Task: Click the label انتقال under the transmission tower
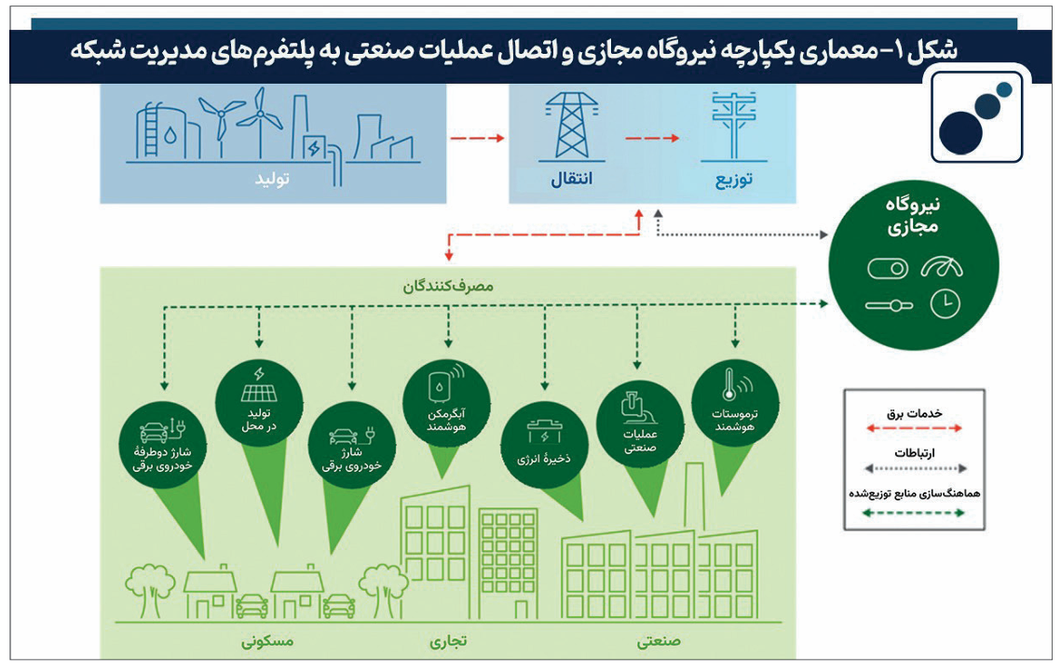click(571, 179)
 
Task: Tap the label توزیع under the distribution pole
click(733, 180)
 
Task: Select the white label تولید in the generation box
click(272, 179)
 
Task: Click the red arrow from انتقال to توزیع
click(652, 139)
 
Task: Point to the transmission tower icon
click(572, 127)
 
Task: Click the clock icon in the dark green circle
click(945, 304)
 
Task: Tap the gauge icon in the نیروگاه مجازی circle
click(941, 268)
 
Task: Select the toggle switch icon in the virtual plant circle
click(888, 268)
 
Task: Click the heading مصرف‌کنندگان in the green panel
click(448, 287)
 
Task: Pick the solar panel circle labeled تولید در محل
click(259, 403)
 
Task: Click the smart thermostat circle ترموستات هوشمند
click(735, 403)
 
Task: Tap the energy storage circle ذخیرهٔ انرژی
click(544, 445)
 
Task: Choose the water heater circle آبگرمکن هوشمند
click(446, 403)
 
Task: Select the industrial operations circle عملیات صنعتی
click(639, 423)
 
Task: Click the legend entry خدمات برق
click(914, 413)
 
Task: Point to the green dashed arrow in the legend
click(914, 513)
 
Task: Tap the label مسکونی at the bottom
click(267, 640)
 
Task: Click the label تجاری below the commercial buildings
click(448, 640)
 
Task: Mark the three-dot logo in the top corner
click(976, 117)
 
